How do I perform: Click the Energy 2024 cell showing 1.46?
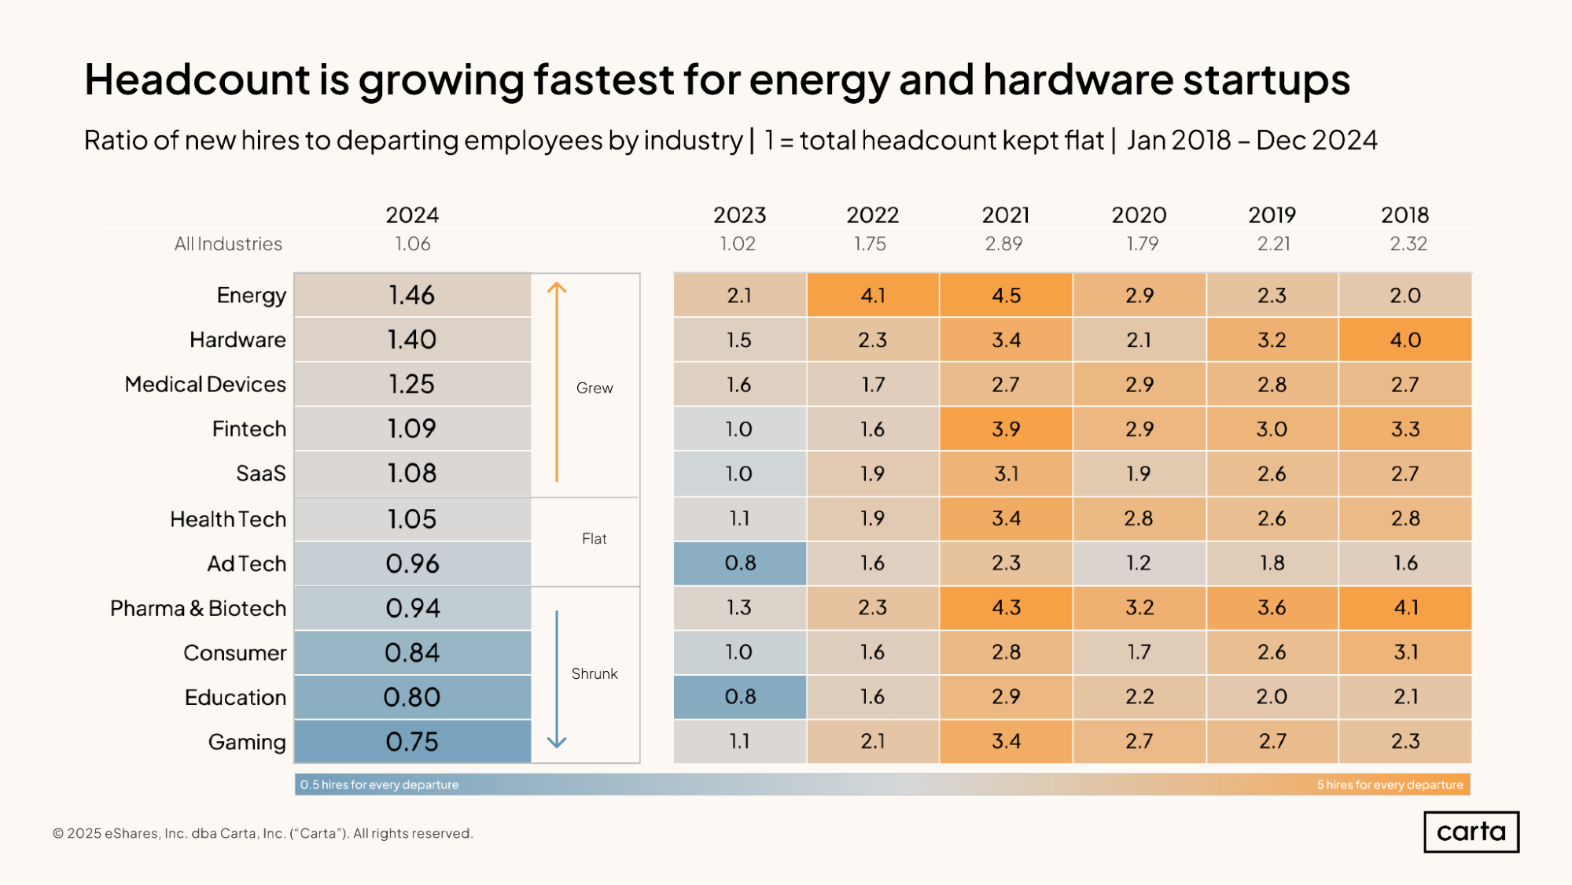pos(412,295)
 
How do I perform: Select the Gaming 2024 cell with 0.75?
pos(412,741)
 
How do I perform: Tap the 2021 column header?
pos(1005,215)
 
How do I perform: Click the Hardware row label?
pos(237,340)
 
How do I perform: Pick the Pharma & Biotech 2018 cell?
pos(1404,607)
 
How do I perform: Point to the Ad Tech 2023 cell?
pos(739,563)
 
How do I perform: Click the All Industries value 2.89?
pos(1003,244)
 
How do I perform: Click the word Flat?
pos(594,539)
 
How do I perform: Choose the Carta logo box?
pos(1471,832)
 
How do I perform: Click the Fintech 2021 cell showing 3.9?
pos(1005,429)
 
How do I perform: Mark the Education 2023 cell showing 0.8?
pos(739,697)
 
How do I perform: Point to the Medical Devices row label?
pos(205,384)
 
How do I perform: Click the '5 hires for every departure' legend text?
pos(1390,784)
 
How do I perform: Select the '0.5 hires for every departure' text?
pos(379,784)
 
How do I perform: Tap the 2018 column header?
pos(1404,215)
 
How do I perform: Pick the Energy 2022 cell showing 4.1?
pos(872,295)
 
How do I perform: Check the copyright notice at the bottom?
pos(263,833)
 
